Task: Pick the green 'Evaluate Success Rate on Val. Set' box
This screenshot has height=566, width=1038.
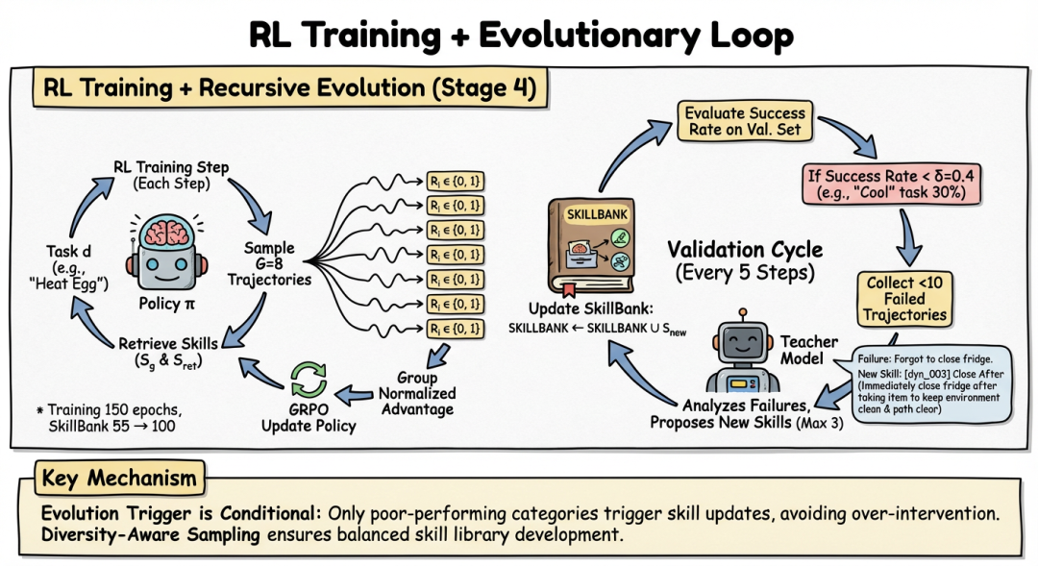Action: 746,120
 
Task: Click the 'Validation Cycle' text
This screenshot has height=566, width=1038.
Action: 745,251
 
